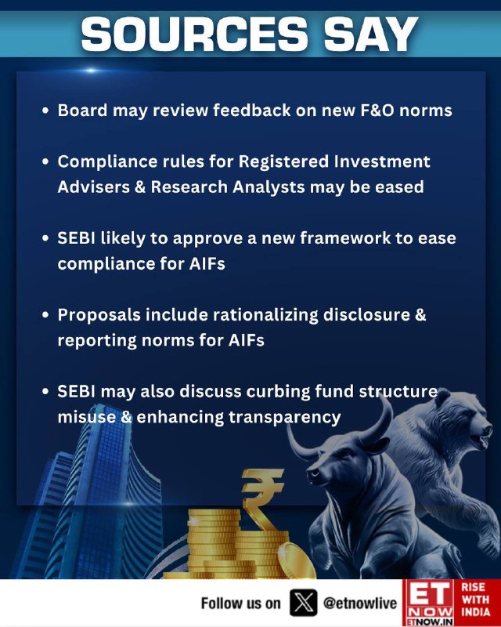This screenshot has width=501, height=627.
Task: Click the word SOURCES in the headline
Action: [195, 34]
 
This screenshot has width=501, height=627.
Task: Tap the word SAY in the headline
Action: [371, 34]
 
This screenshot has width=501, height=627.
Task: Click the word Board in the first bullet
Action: [82, 110]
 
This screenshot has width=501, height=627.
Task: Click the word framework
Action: [345, 238]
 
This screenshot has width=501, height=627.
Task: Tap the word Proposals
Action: [99, 316]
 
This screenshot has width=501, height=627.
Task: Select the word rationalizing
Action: [265, 316]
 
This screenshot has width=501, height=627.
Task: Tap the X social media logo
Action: [304, 603]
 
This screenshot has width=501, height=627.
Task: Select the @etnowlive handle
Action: [360, 603]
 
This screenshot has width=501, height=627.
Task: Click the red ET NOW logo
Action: [428, 603]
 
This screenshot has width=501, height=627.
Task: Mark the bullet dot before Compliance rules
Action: [45, 161]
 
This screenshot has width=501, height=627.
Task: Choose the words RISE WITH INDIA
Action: [475, 599]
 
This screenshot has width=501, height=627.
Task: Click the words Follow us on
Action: [240, 603]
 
